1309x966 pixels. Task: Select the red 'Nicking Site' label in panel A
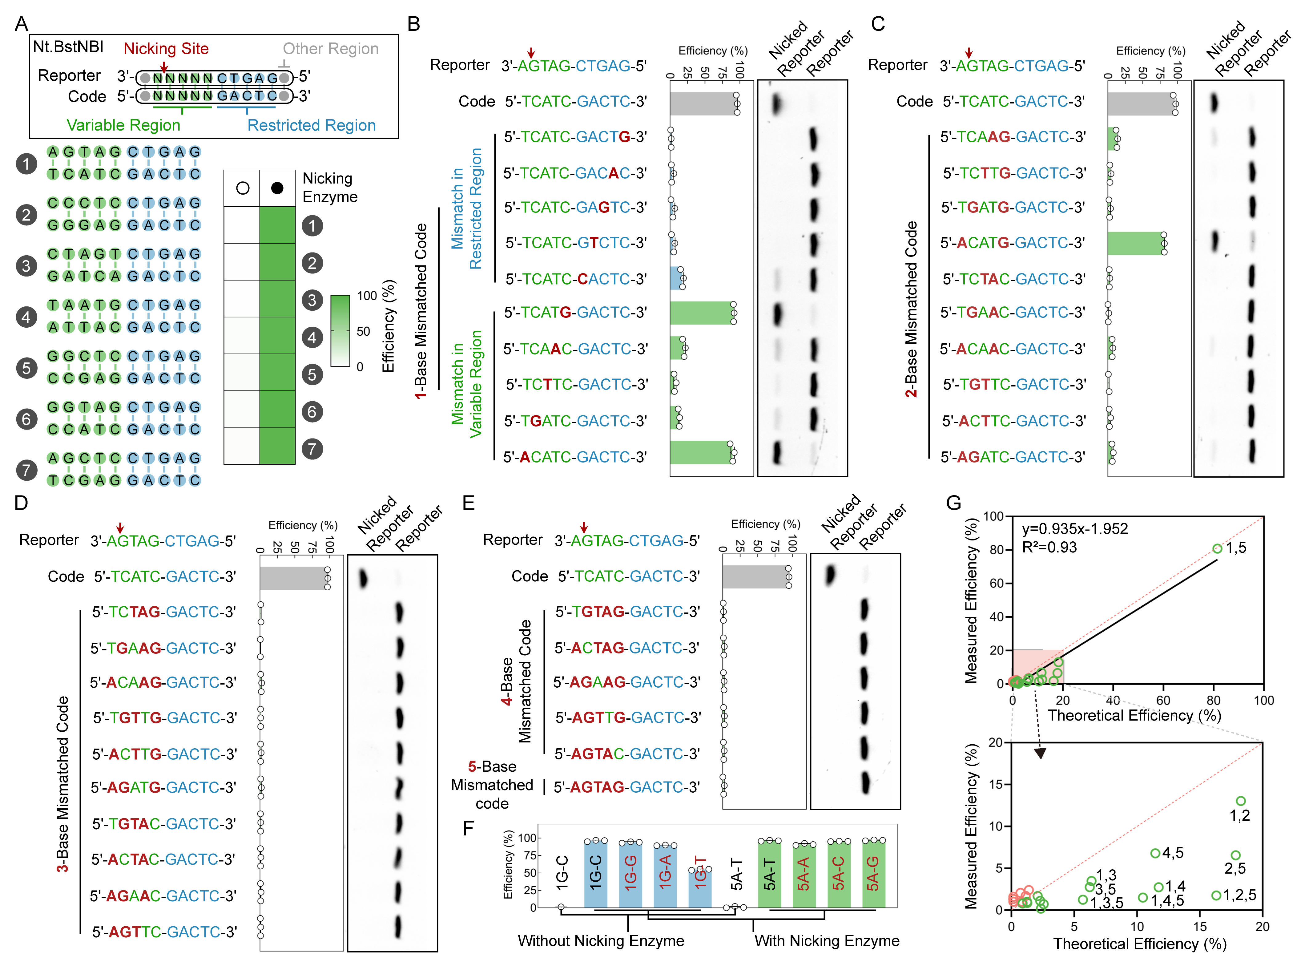(x=166, y=49)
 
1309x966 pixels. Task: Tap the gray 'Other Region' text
(x=330, y=49)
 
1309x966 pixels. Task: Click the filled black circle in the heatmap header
(x=277, y=188)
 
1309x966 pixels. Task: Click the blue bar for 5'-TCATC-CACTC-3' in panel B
(x=676, y=278)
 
